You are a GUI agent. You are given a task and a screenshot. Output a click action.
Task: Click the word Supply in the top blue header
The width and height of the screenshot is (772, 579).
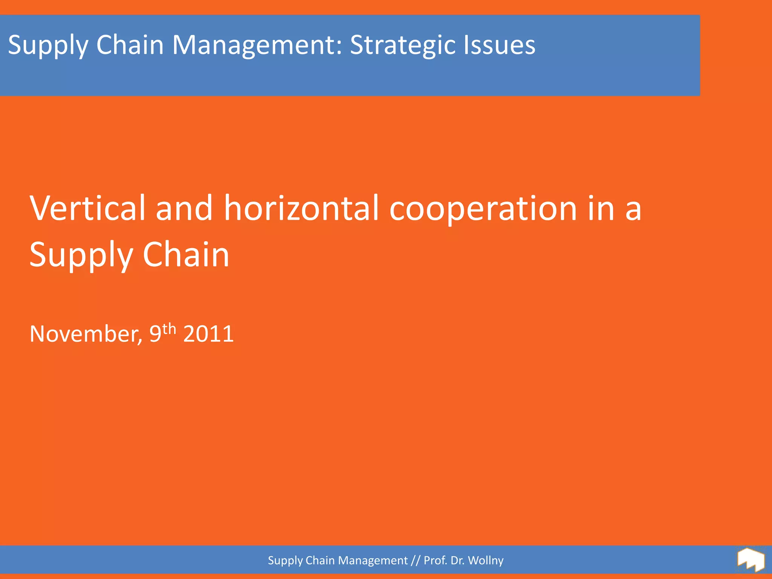(47, 45)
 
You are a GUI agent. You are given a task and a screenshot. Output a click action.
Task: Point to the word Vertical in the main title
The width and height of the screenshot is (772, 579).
(87, 208)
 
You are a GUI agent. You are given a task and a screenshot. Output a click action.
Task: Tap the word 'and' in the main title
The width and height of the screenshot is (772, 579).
(184, 208)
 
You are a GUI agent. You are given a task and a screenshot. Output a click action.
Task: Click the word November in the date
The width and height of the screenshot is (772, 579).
(86, 334)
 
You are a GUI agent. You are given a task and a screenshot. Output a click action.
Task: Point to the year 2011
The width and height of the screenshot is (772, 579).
(208, 334)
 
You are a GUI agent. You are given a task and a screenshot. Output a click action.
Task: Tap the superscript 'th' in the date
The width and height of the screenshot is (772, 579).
(169, 329)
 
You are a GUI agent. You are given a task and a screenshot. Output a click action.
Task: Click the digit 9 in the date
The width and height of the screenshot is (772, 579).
(155, 334)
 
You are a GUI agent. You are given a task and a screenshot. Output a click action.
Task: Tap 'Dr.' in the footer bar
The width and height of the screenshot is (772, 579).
(457, 561)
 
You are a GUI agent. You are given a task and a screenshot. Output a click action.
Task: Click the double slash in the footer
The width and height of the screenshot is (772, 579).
(415, 561)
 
